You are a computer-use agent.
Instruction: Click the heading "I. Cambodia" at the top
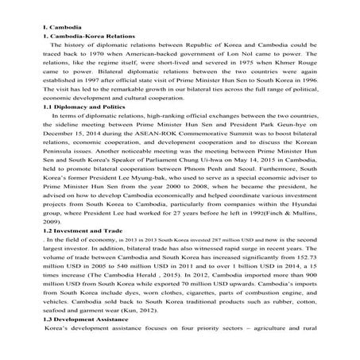pyautogui.click(x=62, y=28)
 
